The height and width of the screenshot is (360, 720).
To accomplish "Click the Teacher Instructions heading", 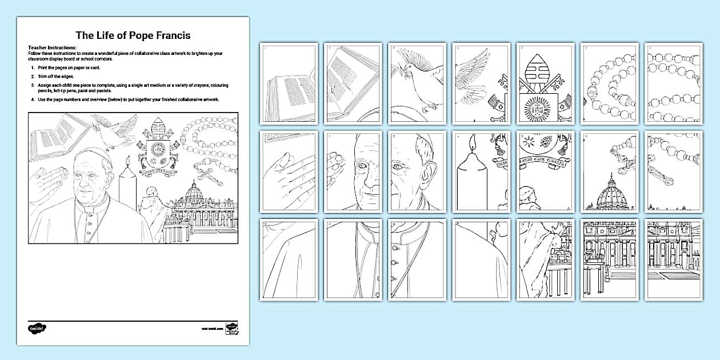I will pos(52,47).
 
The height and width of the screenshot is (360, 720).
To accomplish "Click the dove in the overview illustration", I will pos(115,130).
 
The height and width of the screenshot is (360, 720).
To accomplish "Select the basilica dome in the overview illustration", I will pos(195,194).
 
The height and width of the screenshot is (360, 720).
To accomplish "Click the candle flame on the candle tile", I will pos(472,142).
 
